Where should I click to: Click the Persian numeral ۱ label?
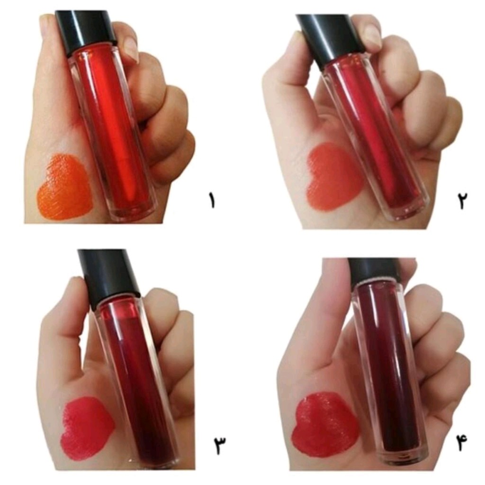pyautogui.click(x=212, y=200)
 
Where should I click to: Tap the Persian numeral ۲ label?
pyautogui.click(x=462, y=200)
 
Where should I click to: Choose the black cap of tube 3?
pyautogui.click(x=108, y=277)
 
